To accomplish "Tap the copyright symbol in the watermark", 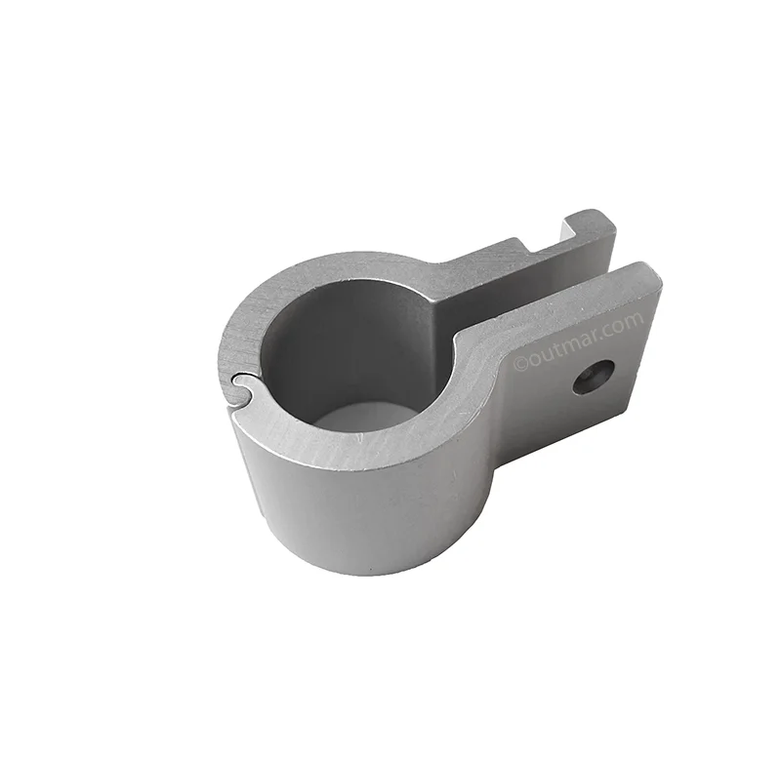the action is pyautogui.click(x=520, y=364).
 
